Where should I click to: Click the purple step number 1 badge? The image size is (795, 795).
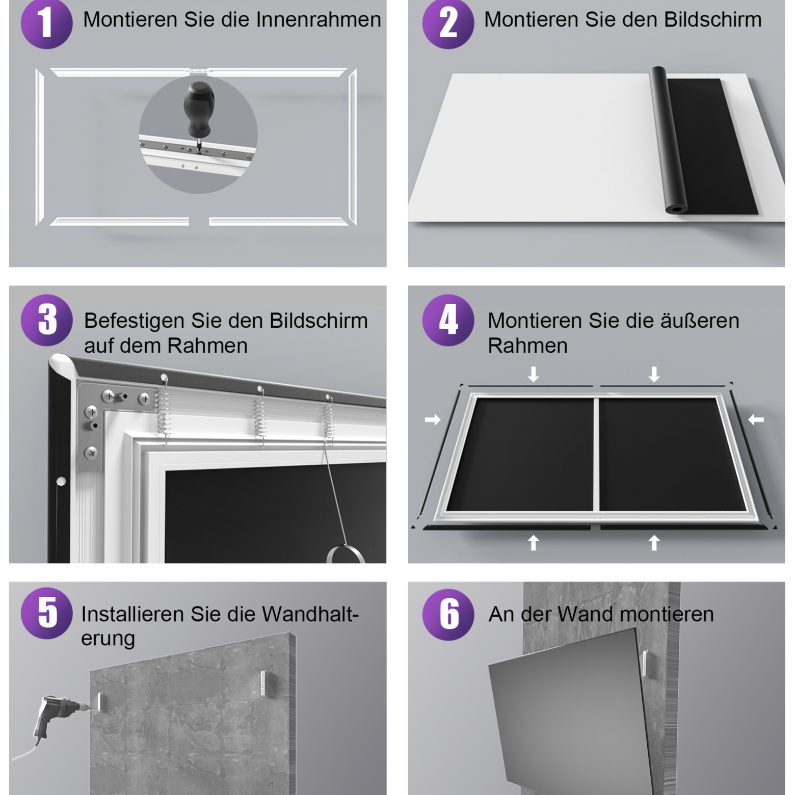46,23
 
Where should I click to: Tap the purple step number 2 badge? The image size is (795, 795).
448,23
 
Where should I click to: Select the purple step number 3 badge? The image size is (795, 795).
46,320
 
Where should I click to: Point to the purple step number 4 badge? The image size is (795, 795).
448,320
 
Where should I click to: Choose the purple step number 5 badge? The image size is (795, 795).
46,613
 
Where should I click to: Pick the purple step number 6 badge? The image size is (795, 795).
448,614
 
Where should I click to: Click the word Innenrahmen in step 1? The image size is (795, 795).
319,20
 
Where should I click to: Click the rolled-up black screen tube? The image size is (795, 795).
668,140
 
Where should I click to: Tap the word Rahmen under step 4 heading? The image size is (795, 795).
527,346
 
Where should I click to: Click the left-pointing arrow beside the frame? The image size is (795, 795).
756,419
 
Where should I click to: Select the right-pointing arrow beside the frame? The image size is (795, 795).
433,419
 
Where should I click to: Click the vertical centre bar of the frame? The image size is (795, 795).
596,454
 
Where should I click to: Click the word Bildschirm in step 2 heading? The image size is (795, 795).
713,20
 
